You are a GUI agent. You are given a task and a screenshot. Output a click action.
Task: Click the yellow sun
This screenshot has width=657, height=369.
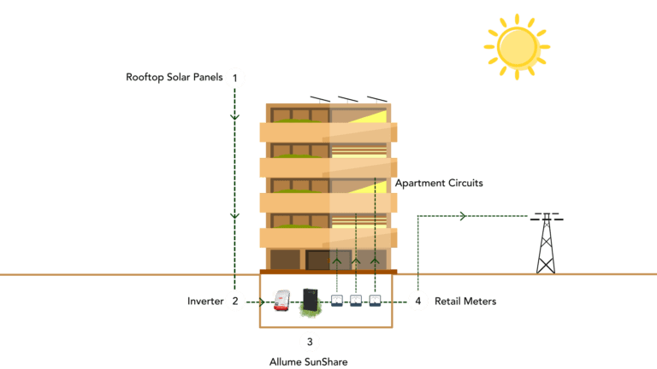tap(518, 46)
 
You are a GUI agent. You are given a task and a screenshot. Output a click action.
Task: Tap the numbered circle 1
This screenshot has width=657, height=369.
tap(235, 78)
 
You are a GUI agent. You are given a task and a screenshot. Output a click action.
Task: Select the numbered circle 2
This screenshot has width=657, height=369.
tap(235, 301)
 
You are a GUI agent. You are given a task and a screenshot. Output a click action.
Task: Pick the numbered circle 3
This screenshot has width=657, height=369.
tap(309, 342)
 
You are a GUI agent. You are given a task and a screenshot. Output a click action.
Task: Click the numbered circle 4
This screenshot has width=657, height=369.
tap(417, 301)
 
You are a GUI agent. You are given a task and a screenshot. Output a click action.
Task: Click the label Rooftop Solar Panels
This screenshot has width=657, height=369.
tap(174, 78)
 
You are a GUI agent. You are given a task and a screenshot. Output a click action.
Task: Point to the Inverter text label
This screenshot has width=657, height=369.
tap(204, 302)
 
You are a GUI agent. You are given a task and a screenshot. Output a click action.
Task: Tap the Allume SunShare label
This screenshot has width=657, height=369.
tap(309, 361)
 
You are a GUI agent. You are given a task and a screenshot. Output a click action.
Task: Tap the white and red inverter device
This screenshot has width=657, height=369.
tap(281, 300)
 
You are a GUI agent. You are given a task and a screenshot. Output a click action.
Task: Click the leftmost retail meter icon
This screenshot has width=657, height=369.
tap(336, 301)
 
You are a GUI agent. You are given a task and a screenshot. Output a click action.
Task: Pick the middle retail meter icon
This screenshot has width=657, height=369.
tap(356, 301)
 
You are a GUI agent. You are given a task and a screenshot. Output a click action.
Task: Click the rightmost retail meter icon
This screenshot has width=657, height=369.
tap(375, 301)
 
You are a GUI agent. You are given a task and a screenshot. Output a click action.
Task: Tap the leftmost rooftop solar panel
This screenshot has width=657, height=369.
tap(318, 99)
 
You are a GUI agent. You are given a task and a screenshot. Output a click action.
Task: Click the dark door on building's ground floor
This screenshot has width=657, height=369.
tap(318, 260)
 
